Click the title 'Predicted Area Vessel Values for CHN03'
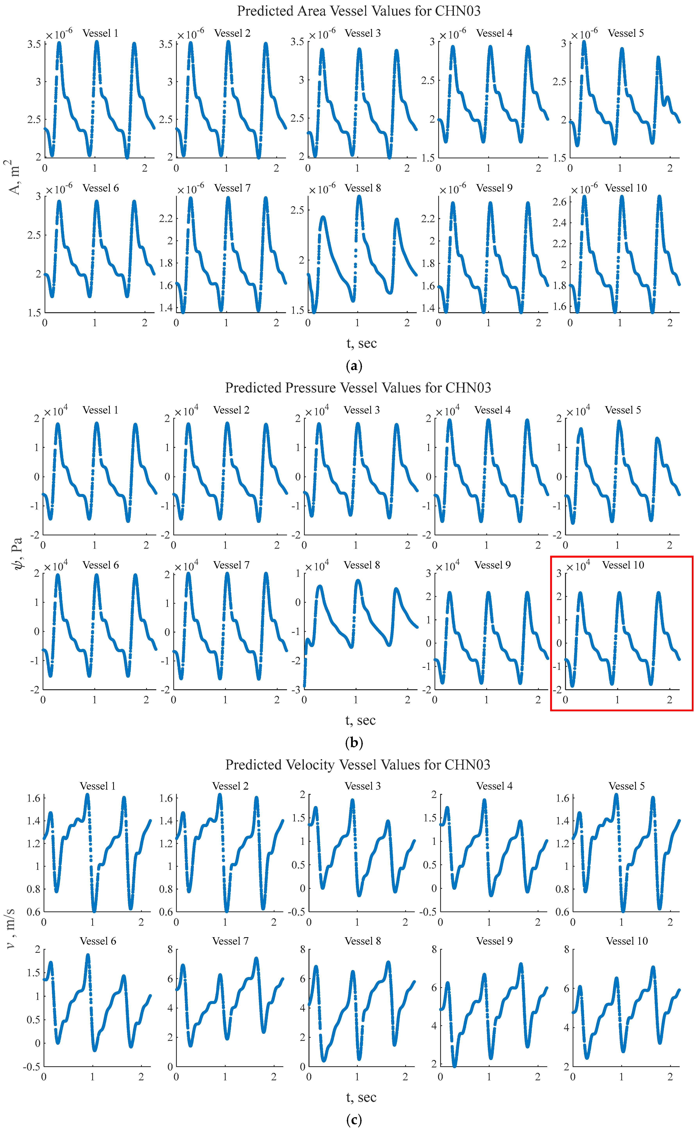pos(359,11)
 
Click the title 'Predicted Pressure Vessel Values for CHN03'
pos(358,388)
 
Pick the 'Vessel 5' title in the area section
pos(625,33)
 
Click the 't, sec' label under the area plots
pos(362,343)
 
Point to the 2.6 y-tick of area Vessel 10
pos(559,202)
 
